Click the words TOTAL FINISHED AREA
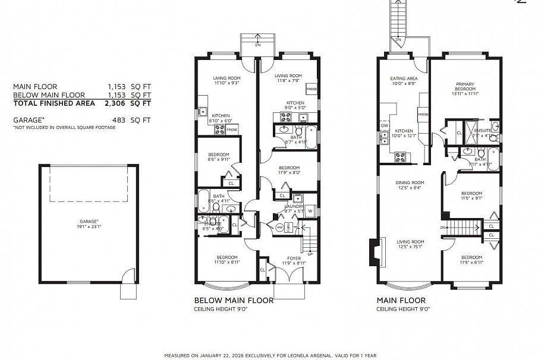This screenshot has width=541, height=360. tap(54, 103)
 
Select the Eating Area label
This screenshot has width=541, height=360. tap(404, 81)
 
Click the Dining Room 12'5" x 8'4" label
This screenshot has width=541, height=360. tap(410, 185)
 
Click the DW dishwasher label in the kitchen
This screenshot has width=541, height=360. tap(385, 125)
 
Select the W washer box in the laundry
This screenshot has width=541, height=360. tap(310, 211)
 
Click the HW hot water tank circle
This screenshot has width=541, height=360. tap(279, 228)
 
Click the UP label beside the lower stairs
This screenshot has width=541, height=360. tap(310, 254)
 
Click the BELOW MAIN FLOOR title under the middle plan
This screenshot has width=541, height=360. tap(234, 301)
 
